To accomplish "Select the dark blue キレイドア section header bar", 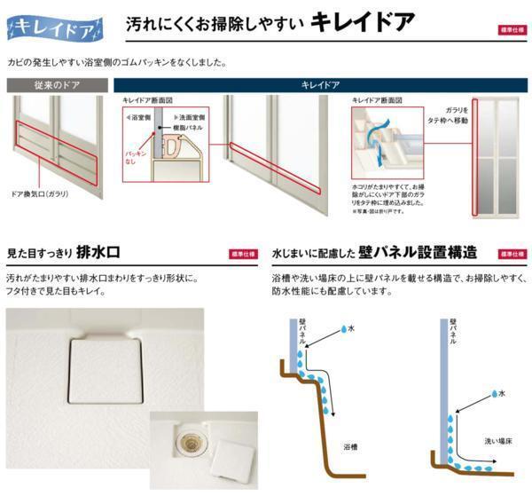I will click(320, 86).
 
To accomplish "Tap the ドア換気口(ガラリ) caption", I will click(40, 193).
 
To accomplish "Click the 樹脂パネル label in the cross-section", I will click(190, 127).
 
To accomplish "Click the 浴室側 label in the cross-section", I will click(139, 116).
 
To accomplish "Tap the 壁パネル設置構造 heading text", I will click(416, 252).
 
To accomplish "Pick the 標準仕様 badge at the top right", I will click(512, 29).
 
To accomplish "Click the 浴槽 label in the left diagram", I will click(351, 448).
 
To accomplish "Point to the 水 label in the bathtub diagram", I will click(351, 328).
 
